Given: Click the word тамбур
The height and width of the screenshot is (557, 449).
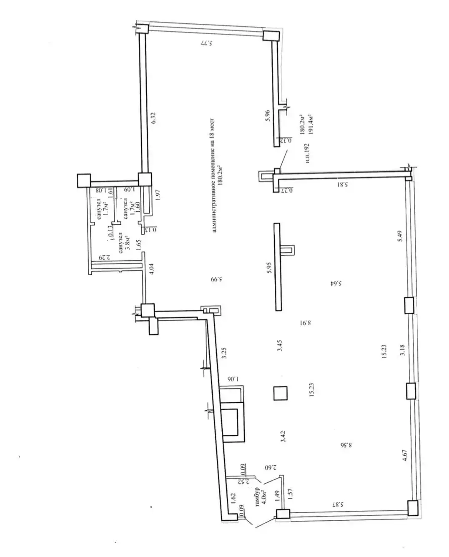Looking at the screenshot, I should [x=257, y=497].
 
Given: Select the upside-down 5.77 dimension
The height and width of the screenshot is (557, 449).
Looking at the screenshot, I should [x=206, y=43].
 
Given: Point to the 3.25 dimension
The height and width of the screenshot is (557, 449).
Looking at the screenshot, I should [x=224, y=354].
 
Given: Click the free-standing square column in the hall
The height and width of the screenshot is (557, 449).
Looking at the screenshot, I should [x=280, y=393].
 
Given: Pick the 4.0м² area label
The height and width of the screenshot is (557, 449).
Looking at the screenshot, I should [x=264, y=496].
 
